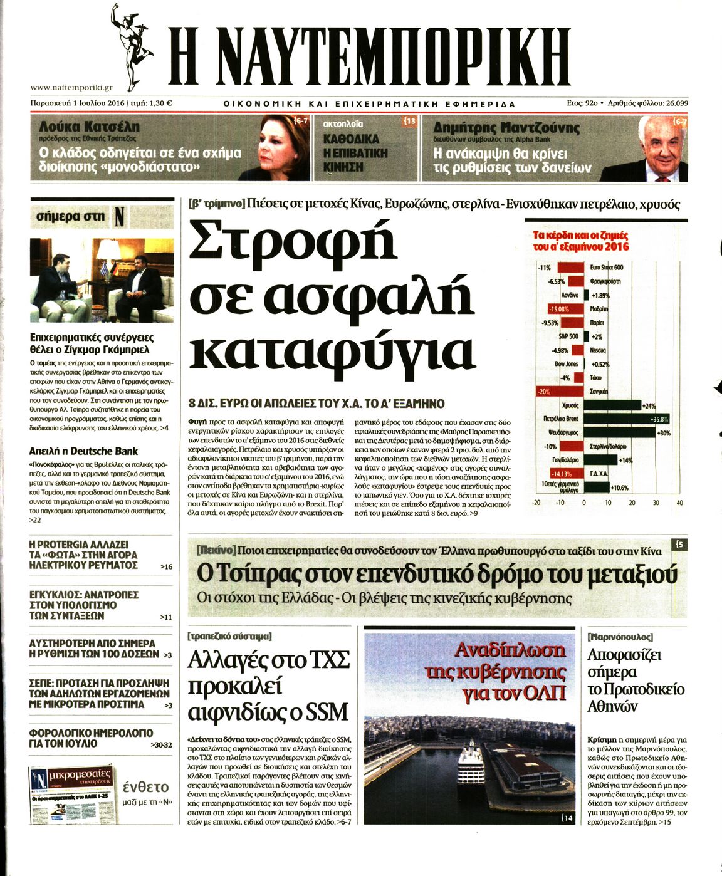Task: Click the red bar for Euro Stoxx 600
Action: pos(571,268)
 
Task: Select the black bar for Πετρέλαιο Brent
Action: pos(620,419)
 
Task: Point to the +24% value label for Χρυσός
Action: pos(649,406)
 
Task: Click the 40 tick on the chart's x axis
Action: pos(680,503)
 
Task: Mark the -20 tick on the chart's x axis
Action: pos(536,503)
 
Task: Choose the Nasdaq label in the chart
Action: pos(598,350)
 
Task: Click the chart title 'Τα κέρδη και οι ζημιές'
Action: pos(580,236)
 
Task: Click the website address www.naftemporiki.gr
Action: pos(71,88)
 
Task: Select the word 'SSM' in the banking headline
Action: pos(323,712)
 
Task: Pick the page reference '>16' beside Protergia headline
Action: pos(166,566)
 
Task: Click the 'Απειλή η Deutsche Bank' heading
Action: pos(83,451)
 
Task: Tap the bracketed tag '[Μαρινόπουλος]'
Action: pos(620,637)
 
